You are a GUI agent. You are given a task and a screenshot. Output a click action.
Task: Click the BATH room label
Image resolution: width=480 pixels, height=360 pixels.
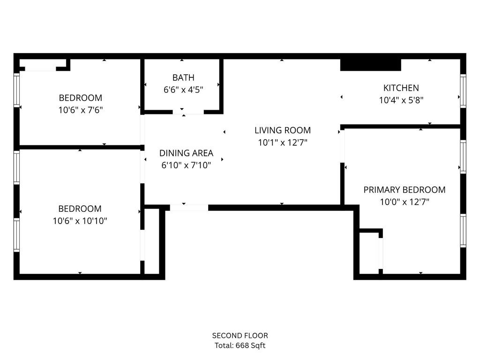coord(183,77)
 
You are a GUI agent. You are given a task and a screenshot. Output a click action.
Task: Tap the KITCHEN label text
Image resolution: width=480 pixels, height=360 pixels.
coord(401,88)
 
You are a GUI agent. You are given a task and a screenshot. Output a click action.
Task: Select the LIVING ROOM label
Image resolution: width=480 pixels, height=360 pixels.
coord(282,130)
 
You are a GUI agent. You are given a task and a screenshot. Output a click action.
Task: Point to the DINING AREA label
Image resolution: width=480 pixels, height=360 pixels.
coord(186,153)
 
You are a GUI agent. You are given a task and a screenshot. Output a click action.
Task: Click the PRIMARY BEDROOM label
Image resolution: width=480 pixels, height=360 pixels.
coord(404,190)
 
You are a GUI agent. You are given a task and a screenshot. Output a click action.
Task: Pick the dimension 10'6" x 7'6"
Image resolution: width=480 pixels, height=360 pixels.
coord(80,110)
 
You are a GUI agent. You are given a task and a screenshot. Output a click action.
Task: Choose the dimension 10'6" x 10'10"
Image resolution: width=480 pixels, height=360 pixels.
coord(80,221)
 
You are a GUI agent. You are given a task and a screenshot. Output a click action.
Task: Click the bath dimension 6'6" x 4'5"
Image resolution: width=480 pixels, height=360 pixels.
coord(183,90)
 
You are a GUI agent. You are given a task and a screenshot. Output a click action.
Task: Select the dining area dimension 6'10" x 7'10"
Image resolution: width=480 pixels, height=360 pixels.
coord(186,165)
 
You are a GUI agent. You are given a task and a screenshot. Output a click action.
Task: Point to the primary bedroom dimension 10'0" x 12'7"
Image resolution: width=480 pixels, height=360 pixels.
coord(404,202)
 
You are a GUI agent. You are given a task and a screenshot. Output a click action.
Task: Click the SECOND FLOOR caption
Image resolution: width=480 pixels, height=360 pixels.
coord(240,336)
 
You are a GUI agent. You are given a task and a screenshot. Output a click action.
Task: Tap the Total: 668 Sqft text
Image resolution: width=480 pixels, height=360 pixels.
coord(240,346)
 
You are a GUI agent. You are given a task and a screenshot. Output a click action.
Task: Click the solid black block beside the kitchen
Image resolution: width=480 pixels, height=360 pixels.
coord(370,64)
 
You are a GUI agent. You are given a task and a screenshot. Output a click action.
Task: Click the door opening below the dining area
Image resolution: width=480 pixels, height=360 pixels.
coord(189,207)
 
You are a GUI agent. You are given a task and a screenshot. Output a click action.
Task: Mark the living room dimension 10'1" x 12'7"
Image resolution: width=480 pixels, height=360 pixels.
coord(282,142)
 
